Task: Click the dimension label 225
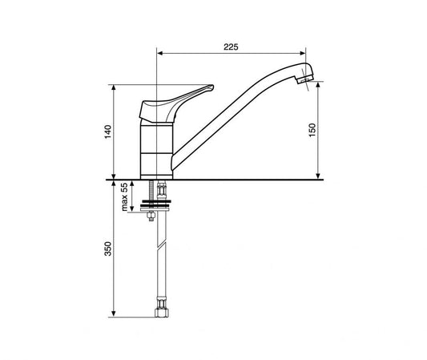click(x=231, y=47)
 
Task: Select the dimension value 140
click(x=108, y=131)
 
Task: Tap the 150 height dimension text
click(x=312, y=130)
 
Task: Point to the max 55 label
click(x=124, y=197)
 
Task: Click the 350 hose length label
click(x=108, y=249)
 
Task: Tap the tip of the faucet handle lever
click(x=212, y=87)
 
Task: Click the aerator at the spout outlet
click(x=304, y=79)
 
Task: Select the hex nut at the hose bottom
click(x=162, y=313)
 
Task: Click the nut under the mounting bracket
click(x=151, y=216)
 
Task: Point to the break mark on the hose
click(x=163, y=244)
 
